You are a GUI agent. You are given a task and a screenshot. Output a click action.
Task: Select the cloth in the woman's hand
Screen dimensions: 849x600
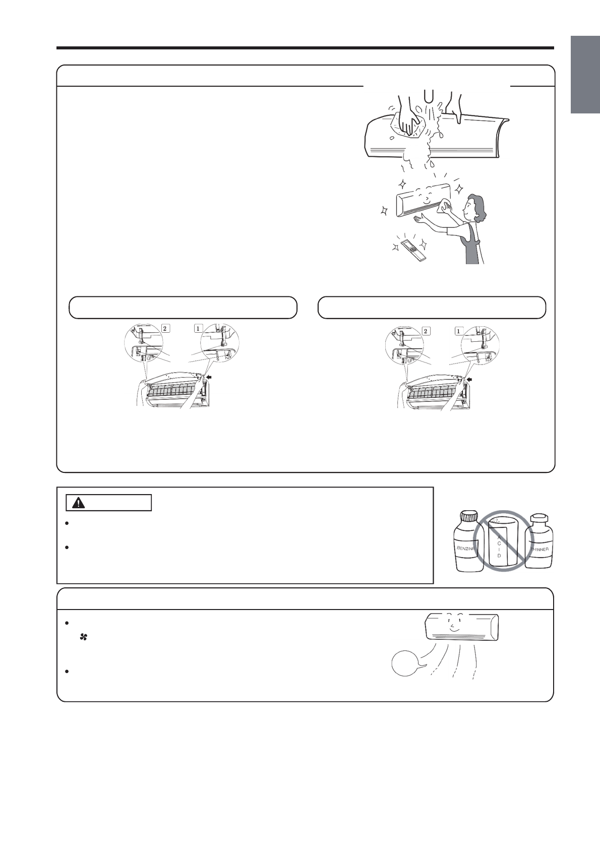point(446,207)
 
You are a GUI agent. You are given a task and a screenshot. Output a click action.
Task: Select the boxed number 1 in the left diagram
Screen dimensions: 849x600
point(199,328)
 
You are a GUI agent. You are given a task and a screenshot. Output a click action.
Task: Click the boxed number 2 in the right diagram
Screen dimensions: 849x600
point(426,331)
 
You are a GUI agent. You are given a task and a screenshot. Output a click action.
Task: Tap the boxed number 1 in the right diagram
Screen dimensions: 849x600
point(458,331)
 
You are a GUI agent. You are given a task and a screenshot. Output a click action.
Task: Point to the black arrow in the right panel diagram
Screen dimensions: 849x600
point(470,379)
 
